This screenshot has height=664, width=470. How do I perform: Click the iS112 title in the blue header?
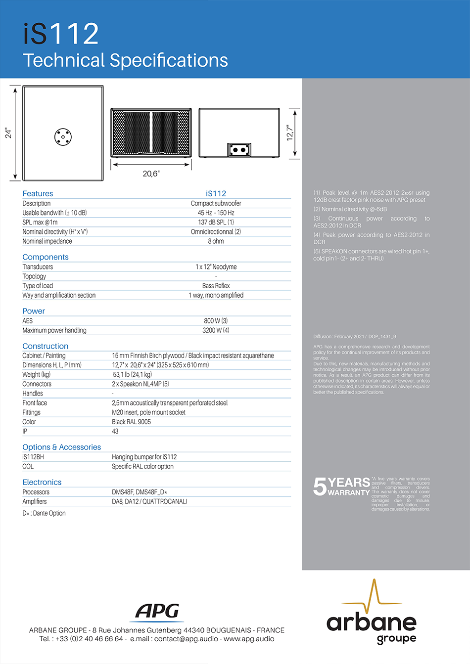pos(61,34)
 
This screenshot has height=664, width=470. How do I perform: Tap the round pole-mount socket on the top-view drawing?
pos(63,136)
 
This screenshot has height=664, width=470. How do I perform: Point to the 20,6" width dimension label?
pos(151,174)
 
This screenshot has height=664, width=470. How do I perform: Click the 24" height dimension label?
pos(8,133)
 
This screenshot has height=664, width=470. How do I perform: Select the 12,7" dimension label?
pos(290,133)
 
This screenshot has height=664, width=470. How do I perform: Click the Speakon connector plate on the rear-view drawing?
pos(239,149)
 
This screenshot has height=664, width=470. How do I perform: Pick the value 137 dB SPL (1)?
pos(216,222)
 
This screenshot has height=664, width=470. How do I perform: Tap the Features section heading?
pos(38,193)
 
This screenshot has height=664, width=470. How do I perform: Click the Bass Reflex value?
pos(216,286)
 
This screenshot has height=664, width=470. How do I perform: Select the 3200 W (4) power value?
pos(216,330)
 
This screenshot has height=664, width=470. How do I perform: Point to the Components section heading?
pos(46,257)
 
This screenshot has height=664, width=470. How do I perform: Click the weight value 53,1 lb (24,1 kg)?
pos(132,374)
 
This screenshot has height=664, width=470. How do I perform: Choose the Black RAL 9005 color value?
pos(131,422)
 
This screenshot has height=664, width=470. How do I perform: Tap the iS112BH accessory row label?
pos(33,457)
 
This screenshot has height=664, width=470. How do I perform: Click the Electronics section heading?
pos(42,482)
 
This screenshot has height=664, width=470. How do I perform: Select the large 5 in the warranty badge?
pos(320,487)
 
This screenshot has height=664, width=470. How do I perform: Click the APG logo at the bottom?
pos(158,612)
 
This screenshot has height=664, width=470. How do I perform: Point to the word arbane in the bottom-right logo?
pos(371,622)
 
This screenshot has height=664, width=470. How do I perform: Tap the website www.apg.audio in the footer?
pos(249,639)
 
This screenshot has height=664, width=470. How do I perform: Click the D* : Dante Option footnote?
pos(44,513)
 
